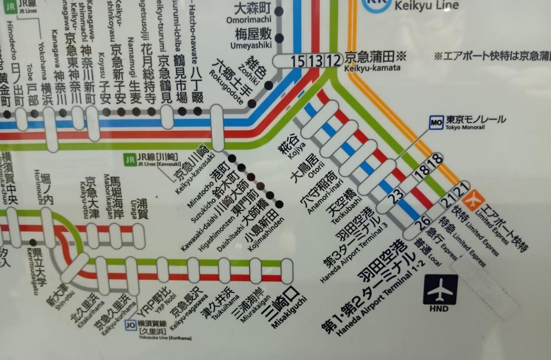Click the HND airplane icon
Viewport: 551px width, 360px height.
pos(440,290)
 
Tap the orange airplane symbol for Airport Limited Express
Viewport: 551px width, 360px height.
pos(473,201)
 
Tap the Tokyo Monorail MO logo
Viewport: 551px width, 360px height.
pos(436,123)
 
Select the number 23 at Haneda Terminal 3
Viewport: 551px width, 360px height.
pos(396,195)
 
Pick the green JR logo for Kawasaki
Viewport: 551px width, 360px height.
pos(130,160)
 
